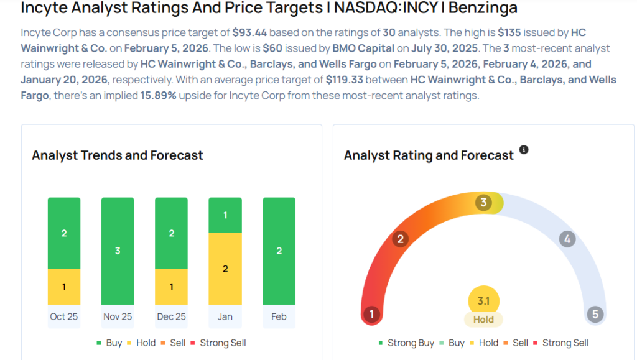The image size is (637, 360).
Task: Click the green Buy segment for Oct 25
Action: [x=64, y=233]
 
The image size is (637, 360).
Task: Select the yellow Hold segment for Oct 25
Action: [x=64, y=287]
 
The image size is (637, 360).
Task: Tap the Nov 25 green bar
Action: [x=118, y=251]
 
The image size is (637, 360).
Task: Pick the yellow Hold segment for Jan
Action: [x=225, y=269]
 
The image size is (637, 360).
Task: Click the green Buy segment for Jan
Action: [x=225, y=215]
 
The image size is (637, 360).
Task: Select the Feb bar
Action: [x=279, y=251]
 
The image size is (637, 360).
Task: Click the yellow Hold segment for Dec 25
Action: [x=171, y=287]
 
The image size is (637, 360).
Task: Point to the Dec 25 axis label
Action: [x=171, y=316]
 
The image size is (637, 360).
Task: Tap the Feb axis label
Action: [x=279, y=316]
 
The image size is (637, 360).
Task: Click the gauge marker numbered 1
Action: [x=371, y=314]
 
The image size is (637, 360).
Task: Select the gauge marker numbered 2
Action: [x=401, y=239]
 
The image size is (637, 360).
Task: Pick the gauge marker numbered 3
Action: [x=483, y=203]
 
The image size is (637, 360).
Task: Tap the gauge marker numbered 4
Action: [x=566, y=239]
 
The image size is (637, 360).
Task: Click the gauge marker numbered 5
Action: [x=595, y=314]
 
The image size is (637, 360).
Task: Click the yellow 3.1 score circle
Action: [x=483, y=302]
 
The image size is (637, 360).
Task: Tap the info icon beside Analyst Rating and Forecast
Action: [x=524, y=150]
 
